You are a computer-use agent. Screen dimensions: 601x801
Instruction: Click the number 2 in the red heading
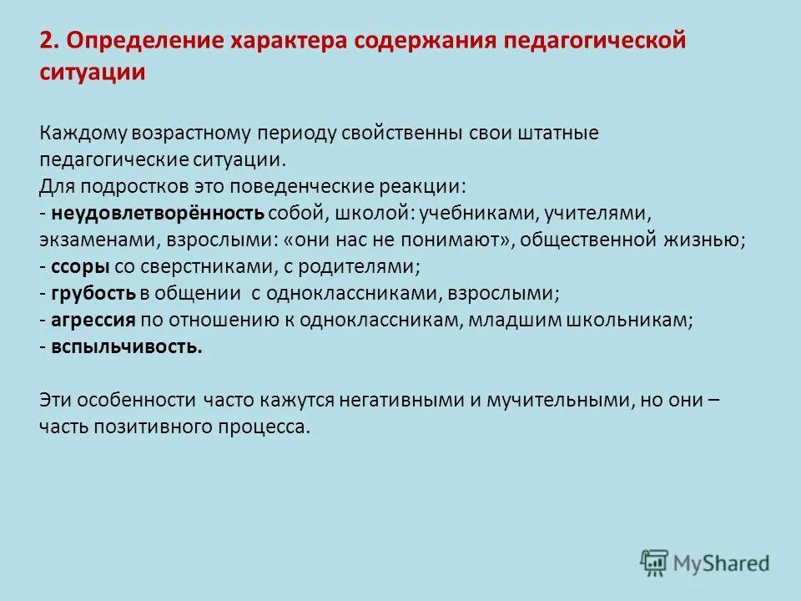pyautogui.click(x=46, y=42)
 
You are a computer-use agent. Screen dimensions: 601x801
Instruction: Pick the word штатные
pyautogui.click(x=558, y=134)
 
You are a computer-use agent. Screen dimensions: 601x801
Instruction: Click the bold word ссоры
pyautogui.click(x=78, y=268)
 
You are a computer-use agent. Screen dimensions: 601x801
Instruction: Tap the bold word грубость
pyautogui.click(x=93, y=295)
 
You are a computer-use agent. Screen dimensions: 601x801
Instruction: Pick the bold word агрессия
pyautogui.click(x=93, y=321)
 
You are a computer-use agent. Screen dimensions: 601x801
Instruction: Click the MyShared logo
pyautogui.click(x=706, y=563)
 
